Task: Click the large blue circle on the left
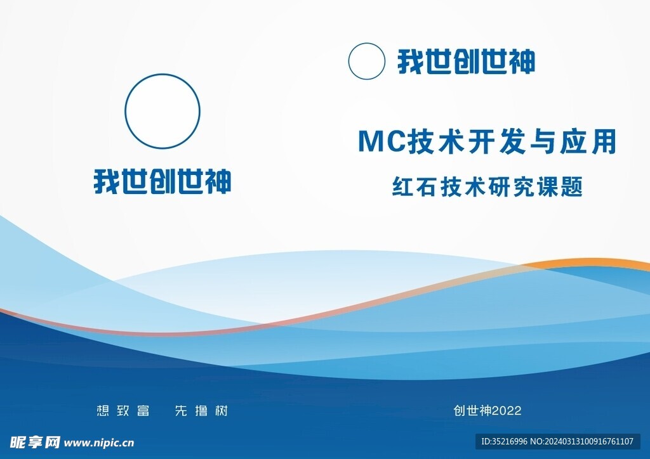162,75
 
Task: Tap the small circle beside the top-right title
366,44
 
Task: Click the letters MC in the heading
381,141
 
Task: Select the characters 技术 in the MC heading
436,141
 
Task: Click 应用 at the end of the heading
588,141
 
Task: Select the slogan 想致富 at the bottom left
123,411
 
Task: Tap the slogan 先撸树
201,411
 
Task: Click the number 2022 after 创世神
507,411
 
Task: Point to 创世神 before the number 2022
473,411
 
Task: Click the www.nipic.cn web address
99,443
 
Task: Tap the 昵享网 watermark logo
36,443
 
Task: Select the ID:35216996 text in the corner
504,442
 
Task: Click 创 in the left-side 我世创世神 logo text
163,181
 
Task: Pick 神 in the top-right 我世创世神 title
522,61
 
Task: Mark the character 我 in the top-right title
411,61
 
